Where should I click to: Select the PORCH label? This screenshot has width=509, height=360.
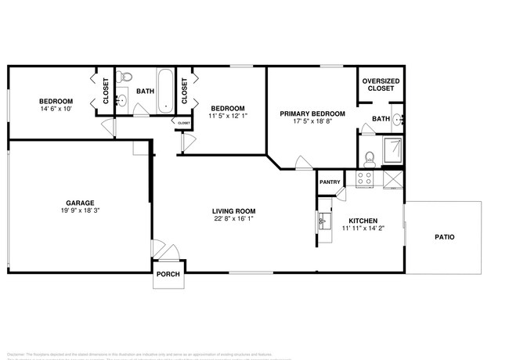pyautogui.click(x=168, y=274)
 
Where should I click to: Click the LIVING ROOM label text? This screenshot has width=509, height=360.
pyautogui.click(x=234, y=211)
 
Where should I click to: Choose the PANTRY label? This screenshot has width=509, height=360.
pyautogui.click(x=330, y=182)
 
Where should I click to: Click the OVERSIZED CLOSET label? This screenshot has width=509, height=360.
pyautogui.click(x=380, y=84)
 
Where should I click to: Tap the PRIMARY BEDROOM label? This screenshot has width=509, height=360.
pyautogui.click(x=306, y=113)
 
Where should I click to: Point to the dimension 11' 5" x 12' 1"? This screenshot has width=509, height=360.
pyautogui.click(x=227, y=117)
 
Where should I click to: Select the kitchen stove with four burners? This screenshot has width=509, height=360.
pyautogui.click(x=365, y=179)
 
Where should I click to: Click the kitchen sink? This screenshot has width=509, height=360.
pyautogui.click(x=323, y=222)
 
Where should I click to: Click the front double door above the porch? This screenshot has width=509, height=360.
pyautogui.click(x=168, y=253)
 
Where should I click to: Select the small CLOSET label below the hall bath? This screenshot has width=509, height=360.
pyautogui.click(x=183, y=123)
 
